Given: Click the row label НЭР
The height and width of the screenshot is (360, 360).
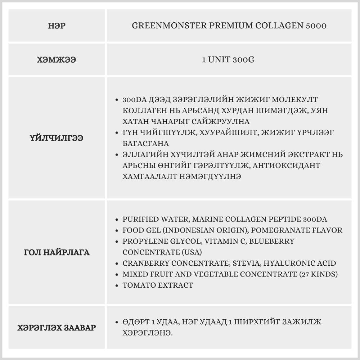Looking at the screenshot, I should click(57, 26).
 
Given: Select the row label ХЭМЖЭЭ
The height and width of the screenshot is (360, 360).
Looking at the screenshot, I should click(57, 60).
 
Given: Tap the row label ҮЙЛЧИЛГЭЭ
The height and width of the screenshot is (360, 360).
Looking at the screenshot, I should click(57, 138).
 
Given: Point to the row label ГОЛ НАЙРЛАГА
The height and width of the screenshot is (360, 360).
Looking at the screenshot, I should click(57, 252).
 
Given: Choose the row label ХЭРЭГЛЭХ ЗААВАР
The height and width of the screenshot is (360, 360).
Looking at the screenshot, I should click(57, 328).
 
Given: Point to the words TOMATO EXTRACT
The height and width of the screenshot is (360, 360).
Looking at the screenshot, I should click(158, 285).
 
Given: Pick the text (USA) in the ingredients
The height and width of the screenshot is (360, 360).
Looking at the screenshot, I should click(192, 252).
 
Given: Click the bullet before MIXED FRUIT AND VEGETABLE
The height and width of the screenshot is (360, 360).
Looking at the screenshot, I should click(116, 275).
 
